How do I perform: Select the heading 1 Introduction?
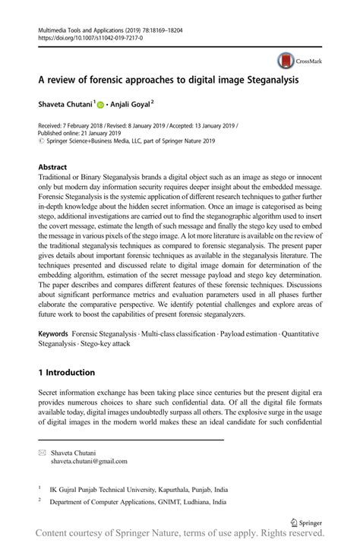tap(67, 373)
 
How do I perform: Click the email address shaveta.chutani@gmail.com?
tap(89, 461)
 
